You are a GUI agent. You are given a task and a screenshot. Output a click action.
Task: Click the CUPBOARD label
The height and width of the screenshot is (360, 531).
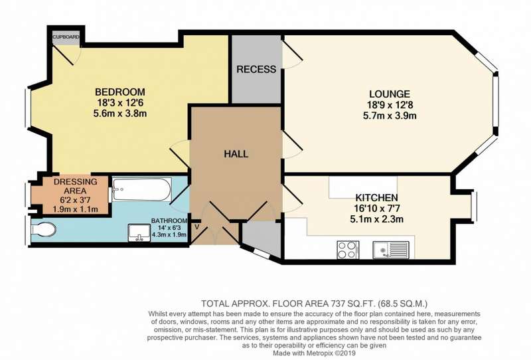click(66, 37)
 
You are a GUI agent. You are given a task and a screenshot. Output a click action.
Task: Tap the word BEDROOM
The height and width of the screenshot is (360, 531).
click(120, 92)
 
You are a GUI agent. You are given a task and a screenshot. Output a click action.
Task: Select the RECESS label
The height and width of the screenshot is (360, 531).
click(256, 69)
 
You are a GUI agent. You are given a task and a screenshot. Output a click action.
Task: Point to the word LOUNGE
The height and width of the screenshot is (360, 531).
click(390, 94)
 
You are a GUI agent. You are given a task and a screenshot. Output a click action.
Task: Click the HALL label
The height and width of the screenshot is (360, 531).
click(236, 154)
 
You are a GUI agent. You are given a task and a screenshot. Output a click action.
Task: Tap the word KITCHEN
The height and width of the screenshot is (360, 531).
click(376, 198)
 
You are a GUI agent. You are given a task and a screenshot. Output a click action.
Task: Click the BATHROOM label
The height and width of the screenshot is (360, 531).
click(169, 221)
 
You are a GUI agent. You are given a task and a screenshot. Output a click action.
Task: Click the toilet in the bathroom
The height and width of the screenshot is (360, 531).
click(43, 230)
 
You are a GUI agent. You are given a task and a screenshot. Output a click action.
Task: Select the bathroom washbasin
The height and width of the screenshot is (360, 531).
click(139, 233)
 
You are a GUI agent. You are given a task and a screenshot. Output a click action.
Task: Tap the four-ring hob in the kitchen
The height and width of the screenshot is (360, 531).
click(348, 250)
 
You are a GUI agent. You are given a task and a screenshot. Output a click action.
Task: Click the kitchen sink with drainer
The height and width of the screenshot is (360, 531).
click(391, 250)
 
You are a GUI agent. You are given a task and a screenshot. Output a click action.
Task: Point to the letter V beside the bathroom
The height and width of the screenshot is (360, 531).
click(196, 226)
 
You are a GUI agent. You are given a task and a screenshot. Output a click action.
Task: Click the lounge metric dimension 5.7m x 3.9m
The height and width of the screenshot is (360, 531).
click(390, 116)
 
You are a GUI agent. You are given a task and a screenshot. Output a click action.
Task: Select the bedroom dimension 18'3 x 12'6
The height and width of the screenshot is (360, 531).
click(120, 103)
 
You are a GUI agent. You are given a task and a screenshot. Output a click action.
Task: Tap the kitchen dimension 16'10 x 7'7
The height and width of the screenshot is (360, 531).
click(376, 208)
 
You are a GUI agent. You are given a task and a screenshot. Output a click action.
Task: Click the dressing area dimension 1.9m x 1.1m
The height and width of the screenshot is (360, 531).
click(75, 209)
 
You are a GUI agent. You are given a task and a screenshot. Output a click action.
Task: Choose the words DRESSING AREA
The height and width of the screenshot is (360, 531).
click(75, 186)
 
